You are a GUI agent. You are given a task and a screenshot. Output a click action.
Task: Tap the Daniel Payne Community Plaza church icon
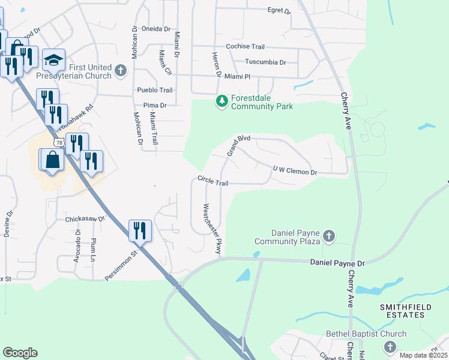[328, 236]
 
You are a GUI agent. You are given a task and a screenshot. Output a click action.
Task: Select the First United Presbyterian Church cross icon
[120, 71]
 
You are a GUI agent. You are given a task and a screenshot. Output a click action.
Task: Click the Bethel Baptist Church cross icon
[390, 346]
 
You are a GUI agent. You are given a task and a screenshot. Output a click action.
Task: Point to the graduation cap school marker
[53, 60]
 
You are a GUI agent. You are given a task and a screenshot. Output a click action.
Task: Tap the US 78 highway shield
[58, 142]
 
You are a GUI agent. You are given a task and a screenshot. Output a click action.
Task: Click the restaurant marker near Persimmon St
[140, 230]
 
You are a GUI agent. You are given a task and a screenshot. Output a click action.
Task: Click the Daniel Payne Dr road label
[337, 263]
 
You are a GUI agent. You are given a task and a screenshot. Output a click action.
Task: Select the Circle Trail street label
[213, 180]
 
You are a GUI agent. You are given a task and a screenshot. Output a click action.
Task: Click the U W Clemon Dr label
[294, 172]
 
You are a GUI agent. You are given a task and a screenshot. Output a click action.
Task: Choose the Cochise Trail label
[245, 47]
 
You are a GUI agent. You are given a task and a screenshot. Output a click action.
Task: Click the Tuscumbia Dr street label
[265, 62]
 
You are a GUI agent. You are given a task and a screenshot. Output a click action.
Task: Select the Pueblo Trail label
[155, 90]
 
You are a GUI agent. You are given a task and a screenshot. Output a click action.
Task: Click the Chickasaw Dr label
[85, 219]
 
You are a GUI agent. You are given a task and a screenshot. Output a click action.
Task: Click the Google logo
[20, 353]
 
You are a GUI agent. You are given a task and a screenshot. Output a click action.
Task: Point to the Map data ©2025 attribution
[423, 355]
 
